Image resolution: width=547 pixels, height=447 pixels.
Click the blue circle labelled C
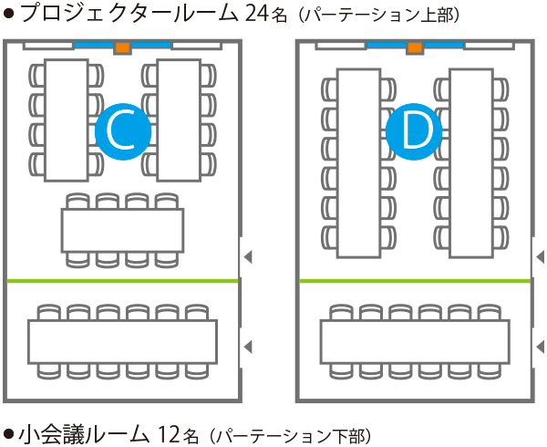pos(122,131)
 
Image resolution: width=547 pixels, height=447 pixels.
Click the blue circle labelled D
pos(414,131)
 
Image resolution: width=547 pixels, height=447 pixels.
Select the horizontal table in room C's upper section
pos(122,230)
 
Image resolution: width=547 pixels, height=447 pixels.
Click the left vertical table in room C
pos(67,120)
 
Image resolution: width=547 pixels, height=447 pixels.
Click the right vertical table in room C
pos(178,120)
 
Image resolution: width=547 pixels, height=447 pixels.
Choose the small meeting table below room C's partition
pos(122,342)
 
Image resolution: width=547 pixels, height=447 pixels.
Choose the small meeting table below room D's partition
pos(415,342)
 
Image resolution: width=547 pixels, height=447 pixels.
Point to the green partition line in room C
pos(122,281)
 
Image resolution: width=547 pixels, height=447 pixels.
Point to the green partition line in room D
pos(415,281)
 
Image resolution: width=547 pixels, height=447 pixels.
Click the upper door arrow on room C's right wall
pos(247,258)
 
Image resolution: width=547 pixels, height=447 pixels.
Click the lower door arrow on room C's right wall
pos(247,346)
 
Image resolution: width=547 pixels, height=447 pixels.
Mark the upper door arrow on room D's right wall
pos(540,258)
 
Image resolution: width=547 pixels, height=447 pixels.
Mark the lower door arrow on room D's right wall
pos(540,346)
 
